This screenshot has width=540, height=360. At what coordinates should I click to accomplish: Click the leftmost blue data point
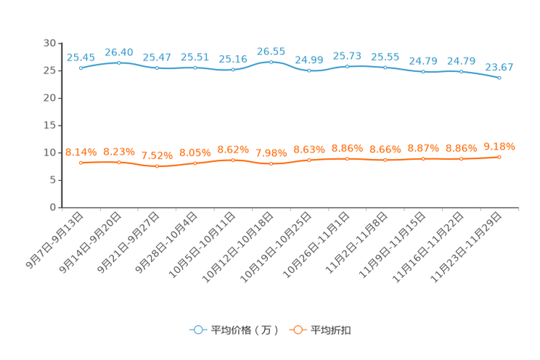[x=81, y=67]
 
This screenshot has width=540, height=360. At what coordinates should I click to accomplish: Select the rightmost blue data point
[x=499, y=76]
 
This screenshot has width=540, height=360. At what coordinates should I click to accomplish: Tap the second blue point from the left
[x=119, y=62]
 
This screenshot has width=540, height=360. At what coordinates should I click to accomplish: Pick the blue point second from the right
[x=462, y=71]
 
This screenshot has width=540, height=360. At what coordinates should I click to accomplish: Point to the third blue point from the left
[x=157, y=68]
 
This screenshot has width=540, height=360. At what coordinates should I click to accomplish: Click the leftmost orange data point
[x=81, y=163]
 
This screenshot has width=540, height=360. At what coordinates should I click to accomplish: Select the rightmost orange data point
[x=499, y=157]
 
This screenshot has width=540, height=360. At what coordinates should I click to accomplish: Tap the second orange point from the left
[x=119, y=162]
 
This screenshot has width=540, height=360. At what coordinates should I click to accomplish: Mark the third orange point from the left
[x=157, y=165]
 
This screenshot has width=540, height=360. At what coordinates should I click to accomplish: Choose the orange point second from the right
[x=462, y=158]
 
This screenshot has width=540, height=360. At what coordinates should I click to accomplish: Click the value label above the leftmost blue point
[x=80, y=57]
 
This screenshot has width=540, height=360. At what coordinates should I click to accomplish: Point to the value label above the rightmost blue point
[x=499, y=67]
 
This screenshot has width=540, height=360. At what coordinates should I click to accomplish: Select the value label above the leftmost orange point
[x=81, y=152]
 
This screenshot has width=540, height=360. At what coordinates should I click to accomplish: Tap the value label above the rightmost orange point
[x=499, y=146]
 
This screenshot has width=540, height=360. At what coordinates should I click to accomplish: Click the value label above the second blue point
[x=119, y=52]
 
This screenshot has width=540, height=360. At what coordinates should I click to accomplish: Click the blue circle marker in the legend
[x=197, y=330]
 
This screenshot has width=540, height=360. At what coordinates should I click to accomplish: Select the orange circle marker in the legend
[x=297, y=330]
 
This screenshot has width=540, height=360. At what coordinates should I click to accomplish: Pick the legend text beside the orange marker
[x=331, y=330]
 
